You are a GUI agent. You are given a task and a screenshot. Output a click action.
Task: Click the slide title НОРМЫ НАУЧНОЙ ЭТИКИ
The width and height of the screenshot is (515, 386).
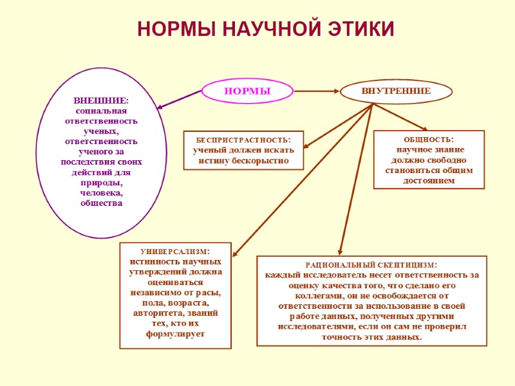(266, 29)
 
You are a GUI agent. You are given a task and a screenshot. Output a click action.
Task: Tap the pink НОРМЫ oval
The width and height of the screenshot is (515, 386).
(247, 92)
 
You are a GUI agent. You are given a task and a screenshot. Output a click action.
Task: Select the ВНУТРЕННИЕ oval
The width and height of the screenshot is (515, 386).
(396, 92)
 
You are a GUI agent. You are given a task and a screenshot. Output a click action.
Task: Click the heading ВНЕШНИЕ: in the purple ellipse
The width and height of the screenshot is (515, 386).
(100, 100)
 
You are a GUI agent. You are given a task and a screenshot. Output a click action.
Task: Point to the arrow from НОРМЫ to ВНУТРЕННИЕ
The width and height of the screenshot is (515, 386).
(315, 92)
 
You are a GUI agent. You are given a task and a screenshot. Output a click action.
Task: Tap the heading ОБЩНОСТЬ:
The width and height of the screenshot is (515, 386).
(429, 139)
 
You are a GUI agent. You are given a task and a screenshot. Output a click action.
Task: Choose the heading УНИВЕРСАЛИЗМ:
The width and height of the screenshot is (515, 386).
(175, 251)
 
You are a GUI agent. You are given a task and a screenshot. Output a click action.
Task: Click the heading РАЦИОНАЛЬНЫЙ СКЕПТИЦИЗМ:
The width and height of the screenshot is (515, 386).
(371, 264)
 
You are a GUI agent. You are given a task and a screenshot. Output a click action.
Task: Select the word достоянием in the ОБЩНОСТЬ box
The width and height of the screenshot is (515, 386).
(429, 181)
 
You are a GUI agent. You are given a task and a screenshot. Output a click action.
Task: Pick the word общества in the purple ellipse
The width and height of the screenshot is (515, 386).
(101, 203)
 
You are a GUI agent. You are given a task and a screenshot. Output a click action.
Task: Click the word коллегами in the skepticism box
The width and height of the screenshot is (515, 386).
(308, 296)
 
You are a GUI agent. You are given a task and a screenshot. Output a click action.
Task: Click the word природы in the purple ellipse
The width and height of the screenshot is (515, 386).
(100, 183)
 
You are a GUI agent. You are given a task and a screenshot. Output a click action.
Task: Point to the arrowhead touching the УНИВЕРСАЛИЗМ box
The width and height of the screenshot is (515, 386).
(235, 254)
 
